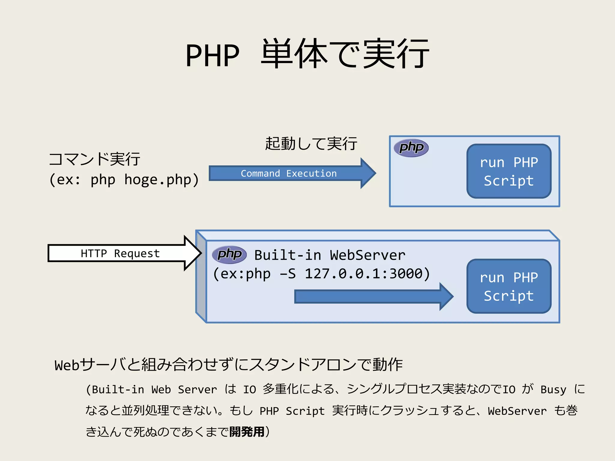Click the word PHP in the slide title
212,56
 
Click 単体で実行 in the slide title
345,54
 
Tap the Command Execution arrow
289,173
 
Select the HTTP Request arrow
120,254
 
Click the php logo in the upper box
411,148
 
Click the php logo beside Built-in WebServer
229,255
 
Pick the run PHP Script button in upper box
509,171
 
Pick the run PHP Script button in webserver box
509,286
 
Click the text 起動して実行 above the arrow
311,143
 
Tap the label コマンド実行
94,159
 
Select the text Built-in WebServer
330,255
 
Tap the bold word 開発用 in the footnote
247,432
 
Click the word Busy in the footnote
553,390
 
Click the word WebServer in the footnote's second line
517,411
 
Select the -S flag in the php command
288,274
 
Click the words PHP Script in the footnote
292,411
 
